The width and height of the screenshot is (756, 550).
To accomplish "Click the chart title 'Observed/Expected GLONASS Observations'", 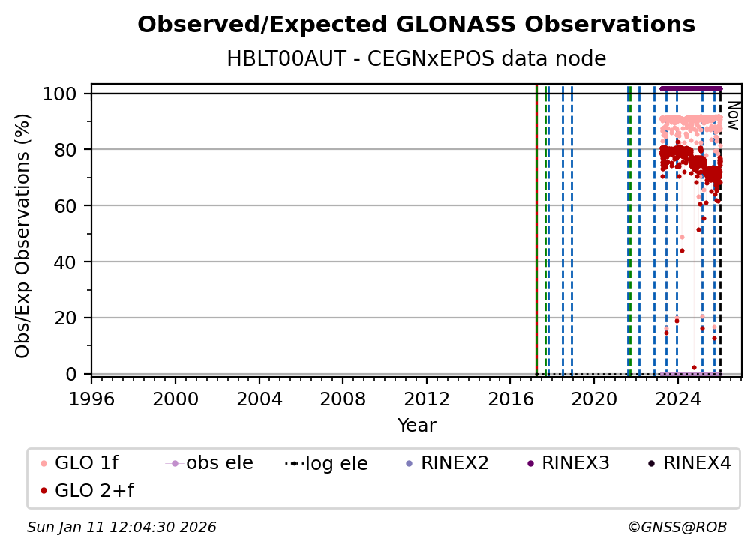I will [416, 25].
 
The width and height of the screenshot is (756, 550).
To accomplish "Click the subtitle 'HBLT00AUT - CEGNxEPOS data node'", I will [416, 59].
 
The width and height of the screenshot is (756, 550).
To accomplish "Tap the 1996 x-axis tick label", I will [91, 398].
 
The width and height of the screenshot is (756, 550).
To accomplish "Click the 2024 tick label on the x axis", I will [677, 398].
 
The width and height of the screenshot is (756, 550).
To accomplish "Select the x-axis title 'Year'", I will [416, 426].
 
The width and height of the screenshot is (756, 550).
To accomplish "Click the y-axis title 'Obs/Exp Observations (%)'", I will [23, 235].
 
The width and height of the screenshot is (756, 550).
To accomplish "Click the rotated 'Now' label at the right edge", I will [733, 115].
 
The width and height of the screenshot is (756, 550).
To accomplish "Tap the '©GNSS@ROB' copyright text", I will [677, 528].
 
